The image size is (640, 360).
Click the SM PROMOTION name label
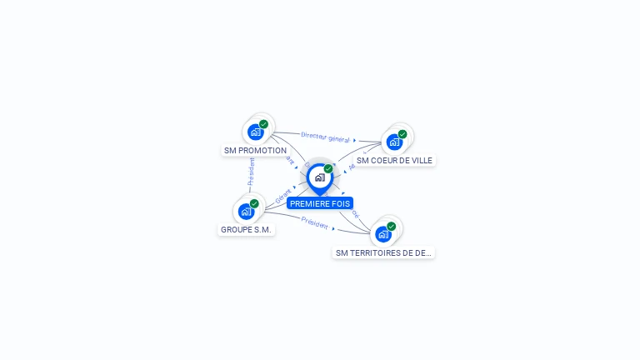pos(255,151)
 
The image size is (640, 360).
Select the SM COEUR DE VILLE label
pos(394,160)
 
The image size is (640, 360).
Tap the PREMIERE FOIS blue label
pos(320,203)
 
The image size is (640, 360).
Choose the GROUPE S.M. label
pos(246,229)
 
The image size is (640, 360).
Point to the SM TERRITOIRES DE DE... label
pos(383,252)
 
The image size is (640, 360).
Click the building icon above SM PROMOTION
pos(256,132)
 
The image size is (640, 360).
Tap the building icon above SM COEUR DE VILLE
pos(395,142)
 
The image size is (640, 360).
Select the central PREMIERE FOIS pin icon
pos(319,177)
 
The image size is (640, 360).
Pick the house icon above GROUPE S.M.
pos(246,211)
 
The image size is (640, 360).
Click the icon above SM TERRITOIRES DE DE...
pos(383,233)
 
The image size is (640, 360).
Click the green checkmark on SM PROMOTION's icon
pos(263,124)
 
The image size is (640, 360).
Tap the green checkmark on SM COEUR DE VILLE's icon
pos(402,134)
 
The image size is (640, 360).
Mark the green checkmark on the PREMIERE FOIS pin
pos(328,169)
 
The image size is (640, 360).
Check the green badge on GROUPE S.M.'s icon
pos(254,203)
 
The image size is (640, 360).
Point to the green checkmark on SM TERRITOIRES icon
pos(391,226)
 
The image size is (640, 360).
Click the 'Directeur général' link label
pos(325,137)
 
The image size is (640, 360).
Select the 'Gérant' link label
pos(282,195)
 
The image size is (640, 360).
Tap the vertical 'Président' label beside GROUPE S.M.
pos(250,171)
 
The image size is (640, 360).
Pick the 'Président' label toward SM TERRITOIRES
pos(315,222)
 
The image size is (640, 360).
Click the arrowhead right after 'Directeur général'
pos(355,140)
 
